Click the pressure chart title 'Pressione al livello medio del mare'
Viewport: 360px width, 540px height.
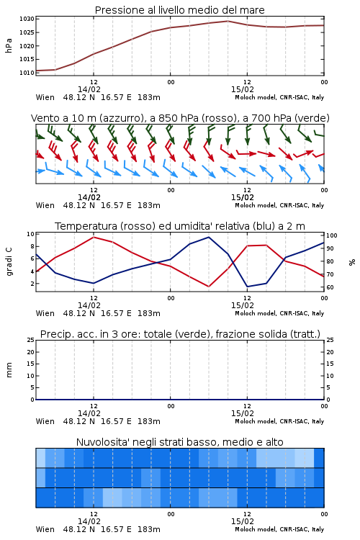point(179,10)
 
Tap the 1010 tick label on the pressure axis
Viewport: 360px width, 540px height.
point(27,73)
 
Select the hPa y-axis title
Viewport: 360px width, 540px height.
point(9,46)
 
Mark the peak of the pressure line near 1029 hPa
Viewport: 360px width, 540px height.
point(228,21)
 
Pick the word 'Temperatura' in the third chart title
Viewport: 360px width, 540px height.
point(86,226)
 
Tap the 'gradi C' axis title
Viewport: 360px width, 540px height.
point(9,262)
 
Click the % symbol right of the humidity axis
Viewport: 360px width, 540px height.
point(352,262)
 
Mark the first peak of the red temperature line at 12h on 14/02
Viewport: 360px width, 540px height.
point(94,237)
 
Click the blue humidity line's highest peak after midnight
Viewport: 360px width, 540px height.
point(208,237)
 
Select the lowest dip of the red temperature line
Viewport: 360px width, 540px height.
point(208,287)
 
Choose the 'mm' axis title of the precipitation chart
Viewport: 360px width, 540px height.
point(9,370)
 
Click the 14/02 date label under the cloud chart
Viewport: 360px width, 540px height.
point(89,521)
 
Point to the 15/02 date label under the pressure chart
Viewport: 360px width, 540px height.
point(242,89)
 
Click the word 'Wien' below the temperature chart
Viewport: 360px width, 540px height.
point(45,313)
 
